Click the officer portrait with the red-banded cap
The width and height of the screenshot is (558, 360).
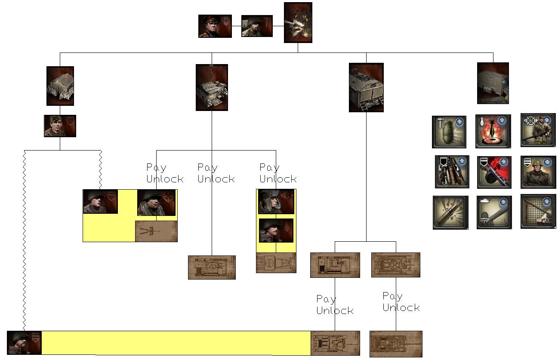215,26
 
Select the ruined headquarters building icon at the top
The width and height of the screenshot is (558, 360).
298,23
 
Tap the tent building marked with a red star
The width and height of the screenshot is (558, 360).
60,86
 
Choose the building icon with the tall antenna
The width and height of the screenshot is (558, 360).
212,87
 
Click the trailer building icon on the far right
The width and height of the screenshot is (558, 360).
493,83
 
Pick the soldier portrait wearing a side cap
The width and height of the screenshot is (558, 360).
60,126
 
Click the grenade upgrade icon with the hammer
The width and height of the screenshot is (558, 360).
449,132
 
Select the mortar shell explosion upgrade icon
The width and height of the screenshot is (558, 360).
493,131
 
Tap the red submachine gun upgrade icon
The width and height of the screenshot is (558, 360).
494,172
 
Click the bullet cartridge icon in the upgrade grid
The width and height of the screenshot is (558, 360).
450,212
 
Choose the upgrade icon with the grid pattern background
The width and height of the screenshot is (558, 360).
538,211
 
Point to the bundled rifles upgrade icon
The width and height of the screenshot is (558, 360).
452,172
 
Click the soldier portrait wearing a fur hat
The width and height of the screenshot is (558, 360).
276,201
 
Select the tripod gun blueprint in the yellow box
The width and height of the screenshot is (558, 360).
156,231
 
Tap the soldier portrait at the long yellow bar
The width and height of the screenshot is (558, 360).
24,342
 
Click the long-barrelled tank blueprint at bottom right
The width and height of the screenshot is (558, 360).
396,344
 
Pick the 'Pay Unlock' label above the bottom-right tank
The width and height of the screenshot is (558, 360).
401,302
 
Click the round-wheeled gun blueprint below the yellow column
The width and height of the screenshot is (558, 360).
276,263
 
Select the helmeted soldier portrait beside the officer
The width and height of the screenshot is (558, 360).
257,26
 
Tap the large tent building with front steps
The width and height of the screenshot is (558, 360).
366,87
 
